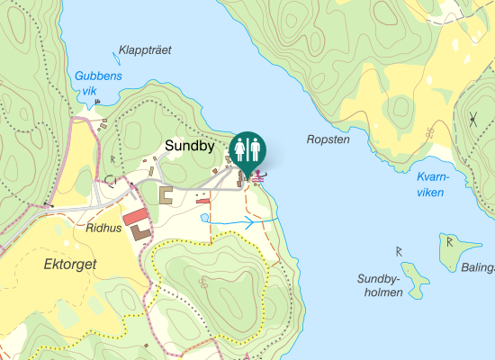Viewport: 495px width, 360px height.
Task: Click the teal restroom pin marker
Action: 247,150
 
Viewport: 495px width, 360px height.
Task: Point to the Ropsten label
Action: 327,139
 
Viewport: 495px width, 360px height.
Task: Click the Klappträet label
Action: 145,50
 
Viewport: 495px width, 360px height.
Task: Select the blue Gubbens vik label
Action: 97,84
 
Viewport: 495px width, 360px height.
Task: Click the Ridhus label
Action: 103,229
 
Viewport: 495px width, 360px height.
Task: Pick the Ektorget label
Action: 70,265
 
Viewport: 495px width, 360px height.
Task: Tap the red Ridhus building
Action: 135,216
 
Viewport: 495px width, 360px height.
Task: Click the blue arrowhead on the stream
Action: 249,223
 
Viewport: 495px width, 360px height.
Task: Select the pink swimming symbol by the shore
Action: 259,177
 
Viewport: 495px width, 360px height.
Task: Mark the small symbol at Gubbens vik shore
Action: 97,103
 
